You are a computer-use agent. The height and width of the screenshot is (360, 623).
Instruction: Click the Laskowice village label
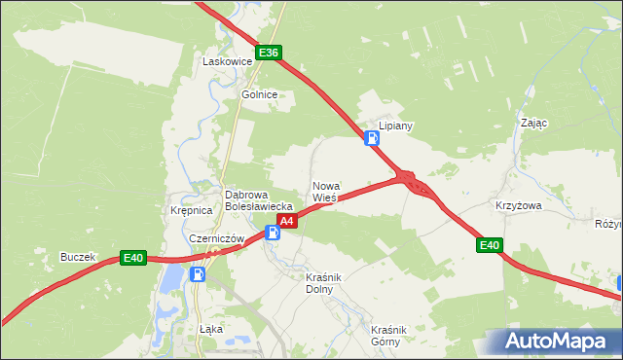coord(227,61)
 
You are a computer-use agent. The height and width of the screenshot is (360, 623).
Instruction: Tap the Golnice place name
coord(260,94)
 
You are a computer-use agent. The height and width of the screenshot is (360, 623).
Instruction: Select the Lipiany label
coord(396,126)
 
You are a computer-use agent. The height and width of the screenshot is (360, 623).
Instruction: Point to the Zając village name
coord(534,124)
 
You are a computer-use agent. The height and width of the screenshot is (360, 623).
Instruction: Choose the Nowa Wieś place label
coord(325,192)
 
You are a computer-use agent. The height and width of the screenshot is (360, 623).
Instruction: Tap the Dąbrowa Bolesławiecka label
coord(259,199)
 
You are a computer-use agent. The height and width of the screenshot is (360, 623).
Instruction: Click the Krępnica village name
coord(191,210)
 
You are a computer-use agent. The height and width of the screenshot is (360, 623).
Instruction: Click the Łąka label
coord(210,329)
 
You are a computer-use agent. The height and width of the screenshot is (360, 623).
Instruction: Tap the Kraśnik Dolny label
coord(320,282)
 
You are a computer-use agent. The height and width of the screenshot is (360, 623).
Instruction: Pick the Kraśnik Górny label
coord(386,335)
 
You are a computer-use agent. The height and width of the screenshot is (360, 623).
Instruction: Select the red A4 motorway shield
coord(286,222)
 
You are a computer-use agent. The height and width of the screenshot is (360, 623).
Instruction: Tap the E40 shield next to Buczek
coord(133,258)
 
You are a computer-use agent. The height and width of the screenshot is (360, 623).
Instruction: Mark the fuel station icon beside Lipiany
coord(372,138)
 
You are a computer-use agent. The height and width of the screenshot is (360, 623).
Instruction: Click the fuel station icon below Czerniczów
coord(198,274)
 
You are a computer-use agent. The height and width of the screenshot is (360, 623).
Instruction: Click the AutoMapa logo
coord(555,342)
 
